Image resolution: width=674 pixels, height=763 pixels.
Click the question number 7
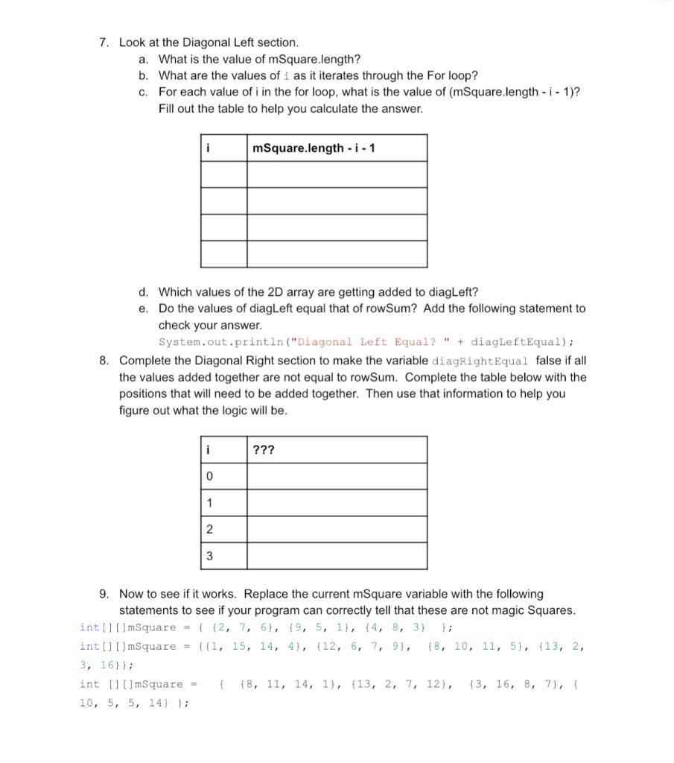pyautogui.click(x=104, y=42)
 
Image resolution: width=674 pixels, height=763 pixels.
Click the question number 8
pyautogui.click(x=104, y=361)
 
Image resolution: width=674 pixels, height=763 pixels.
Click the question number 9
pyautogui.click(x=104, y=594)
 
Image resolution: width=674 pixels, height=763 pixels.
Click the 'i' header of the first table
pyautogui.click(x=208, y=148)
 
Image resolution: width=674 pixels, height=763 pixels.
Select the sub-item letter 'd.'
pyautogui.click(x=143, y=291)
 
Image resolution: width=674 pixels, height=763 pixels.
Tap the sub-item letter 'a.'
pyautogui.click(x=143, y=59)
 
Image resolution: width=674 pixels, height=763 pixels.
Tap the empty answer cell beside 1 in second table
pyautogui.click(x=337, y=503)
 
